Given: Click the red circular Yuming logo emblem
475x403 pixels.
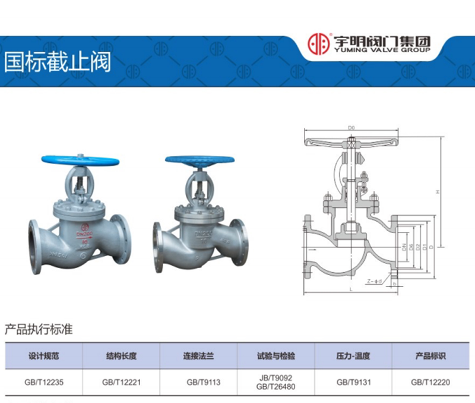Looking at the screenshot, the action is [x=318, y=44].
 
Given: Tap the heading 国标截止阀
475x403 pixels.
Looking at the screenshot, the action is [x=58, y=63].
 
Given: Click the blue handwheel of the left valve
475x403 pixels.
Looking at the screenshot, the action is [x=80, y=160].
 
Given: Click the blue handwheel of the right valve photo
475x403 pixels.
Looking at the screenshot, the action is [x=199, y=160].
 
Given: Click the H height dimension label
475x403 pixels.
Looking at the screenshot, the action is [x=437, y=192].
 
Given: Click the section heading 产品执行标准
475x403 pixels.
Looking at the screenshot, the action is [x=39, y=329].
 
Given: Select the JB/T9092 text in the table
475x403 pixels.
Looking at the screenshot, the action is [x=276, y=378].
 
